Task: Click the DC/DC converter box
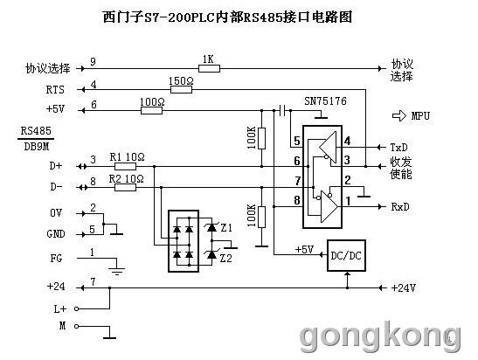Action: tap(346, 255)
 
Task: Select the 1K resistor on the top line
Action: tap(209, 68)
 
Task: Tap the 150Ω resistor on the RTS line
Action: tap(181, 89)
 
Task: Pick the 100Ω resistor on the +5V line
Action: tap(151, 110)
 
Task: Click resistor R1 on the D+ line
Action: tap(125, 166)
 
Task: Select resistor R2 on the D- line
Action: tap(125, 187)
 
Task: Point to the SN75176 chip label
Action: tap(325, 101)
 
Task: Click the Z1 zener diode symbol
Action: tap(211, 227)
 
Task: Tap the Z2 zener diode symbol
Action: tap(211, 255)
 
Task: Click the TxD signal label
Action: tap(399, 148)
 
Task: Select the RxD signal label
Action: tap(400, 207)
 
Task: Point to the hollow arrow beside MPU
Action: tap(399, 116)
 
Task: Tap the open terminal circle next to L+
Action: tap(77, 309)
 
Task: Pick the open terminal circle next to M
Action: tap(77, 327)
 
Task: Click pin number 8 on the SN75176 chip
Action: tap(297, 200)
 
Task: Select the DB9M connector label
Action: tap(37, 147)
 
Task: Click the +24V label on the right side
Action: tap(404, 287)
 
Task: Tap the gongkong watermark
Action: tap(380, 337)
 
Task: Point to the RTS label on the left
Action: tap(55, 90)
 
